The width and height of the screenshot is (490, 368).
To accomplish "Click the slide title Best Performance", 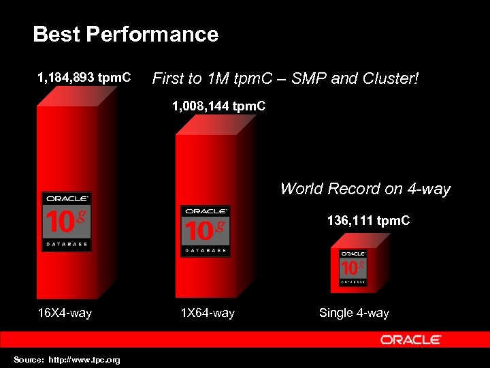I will [x=125, y=34].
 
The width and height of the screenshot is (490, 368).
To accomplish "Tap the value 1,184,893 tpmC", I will [x=84, y=77].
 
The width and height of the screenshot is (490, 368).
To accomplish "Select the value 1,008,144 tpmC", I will [x=218, y=106].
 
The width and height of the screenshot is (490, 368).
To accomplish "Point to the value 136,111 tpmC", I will [x=368, y=221].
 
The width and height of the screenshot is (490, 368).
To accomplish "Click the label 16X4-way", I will [x=65, y=313].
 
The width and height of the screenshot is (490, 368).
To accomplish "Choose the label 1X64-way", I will [x=207, y=313].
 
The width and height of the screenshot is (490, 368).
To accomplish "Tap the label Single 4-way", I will [x=354, y=313].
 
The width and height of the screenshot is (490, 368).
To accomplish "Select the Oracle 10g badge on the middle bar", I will [x=205, y=231].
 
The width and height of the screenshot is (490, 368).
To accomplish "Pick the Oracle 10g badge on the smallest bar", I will [x=353, y=267].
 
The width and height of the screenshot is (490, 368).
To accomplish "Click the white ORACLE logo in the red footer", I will [x=411, y=339].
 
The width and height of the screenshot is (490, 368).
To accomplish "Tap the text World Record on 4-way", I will [x=365, y=189].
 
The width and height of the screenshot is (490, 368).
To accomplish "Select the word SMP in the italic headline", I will [x=307, y=78].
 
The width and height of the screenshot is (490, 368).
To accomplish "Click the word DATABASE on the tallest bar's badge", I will [x=67, y=243].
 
